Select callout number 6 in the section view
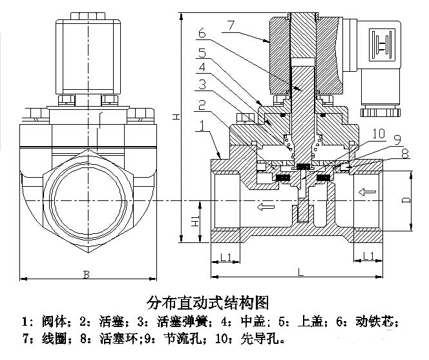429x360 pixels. pos(202,32)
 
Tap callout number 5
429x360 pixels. pos(202,52)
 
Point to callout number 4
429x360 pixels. pos(202,67)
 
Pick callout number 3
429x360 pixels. pos(202,85)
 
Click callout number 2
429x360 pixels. pos(202,105)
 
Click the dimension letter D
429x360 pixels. pos(405,200)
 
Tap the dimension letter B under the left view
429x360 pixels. pos(86,274)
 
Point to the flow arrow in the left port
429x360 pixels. pos(264,207)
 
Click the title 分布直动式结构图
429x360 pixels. pos(207,302)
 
